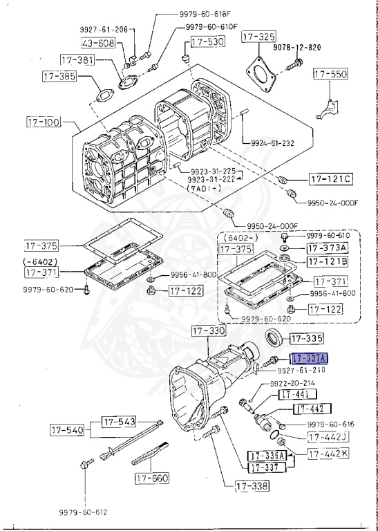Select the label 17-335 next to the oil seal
pyautogui.click(x=303, y=339)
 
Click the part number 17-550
pyautogui.click(x=332, y=73)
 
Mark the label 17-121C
pyautogui.click(x=330, y=180)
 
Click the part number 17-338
pyautogui.click(x=250, y=487)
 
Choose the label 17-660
pyautogui.click(x=153, y=477)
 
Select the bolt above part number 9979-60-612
pyautogui.click(x=86, y=463)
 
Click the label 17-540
pyautogui.click(x=66, y=430)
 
